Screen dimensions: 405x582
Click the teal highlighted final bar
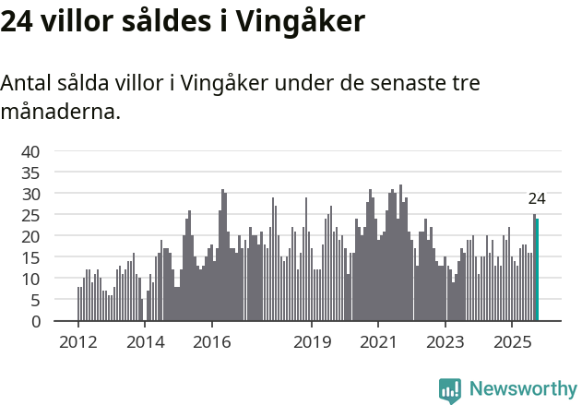pos(537,269)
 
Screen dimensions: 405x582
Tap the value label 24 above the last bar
pos(537,198)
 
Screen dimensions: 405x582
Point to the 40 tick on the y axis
pos(30,151)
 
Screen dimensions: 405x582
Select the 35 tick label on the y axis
pos(30,173)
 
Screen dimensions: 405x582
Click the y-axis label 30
pos(30,194)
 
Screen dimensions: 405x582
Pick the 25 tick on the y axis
pos(30,215)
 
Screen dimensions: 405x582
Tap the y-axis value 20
pos(30,236)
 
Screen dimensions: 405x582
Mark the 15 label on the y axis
pos(30,257)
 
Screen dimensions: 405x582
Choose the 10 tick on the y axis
pos(30,279)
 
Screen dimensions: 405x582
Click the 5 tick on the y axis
pos(35,300)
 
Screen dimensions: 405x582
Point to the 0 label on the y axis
pos(35,321)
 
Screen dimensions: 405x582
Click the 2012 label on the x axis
pos(78,341)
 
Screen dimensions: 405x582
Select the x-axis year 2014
pos(145,341)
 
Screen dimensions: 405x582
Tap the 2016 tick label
pos(212,341)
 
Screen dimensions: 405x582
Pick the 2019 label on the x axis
pos(312,341)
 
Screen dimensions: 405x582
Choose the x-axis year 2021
pos(379,341)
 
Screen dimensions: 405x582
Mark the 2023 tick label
pos(445,341)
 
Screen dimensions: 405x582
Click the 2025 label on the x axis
pos(512,341)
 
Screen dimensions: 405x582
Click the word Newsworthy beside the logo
pos(522,389)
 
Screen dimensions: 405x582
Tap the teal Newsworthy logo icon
pos(450,390)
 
